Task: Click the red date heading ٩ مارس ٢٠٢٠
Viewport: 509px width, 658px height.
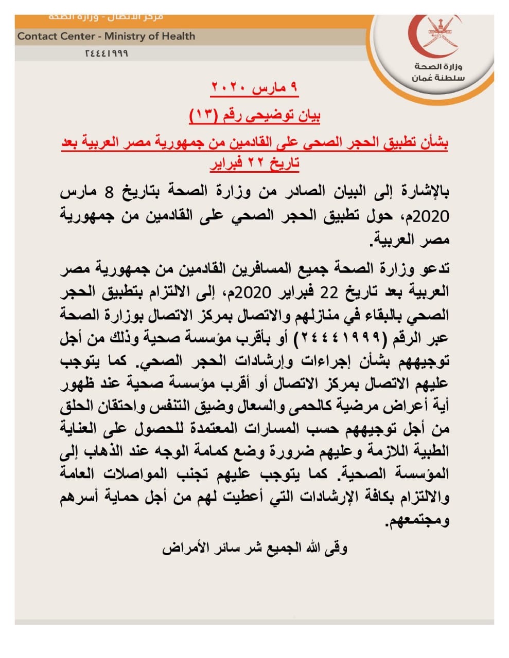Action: (254, 87)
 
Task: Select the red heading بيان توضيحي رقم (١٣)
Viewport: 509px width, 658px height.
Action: (255, 116)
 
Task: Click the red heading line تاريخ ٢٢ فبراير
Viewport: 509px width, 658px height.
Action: (255, 163)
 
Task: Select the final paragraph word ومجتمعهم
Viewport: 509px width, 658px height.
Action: (418, 520)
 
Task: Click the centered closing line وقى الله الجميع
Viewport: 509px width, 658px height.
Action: (255, 548)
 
